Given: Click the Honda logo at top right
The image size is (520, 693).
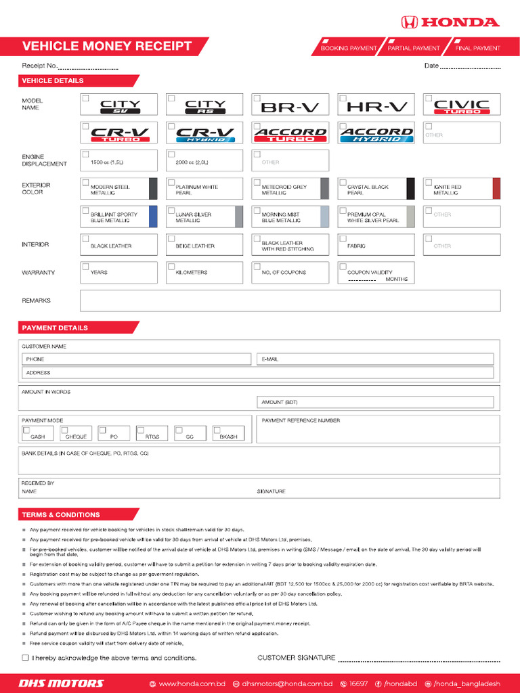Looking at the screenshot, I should click(x=450, y=22).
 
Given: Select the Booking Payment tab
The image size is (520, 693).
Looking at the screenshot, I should click(x=348, y=48).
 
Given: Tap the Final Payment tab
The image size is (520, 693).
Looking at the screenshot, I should click(x=477, y=48).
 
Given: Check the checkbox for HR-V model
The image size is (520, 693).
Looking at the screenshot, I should click(x=343, y=98).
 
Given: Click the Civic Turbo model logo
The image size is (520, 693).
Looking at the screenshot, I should click(x=462, y=106).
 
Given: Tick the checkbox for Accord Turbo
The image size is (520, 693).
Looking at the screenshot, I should click(x=257, y=126).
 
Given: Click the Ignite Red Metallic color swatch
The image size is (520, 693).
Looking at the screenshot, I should click(x=496, y=188).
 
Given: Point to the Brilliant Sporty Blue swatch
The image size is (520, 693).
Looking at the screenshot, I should click(x=153, y=217).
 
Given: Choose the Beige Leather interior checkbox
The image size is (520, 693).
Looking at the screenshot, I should click(x=171, y=239).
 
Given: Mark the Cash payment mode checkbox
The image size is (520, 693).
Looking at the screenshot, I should click(x=26, y=430).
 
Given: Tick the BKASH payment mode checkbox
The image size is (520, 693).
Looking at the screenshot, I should click(x=217, y=430).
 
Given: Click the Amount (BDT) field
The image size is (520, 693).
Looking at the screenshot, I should click(x=375, y=402).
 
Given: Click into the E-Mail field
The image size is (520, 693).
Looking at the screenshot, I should click(x=375, y=359).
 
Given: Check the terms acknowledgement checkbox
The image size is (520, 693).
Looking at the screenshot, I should click(x=25, y=658).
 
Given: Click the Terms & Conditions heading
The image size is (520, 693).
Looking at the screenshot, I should click(x=61, y=514).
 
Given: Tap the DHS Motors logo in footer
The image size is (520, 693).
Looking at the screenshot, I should click(x=61, y=684).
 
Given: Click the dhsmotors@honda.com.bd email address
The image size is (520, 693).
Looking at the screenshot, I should click(x=286, y=684).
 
